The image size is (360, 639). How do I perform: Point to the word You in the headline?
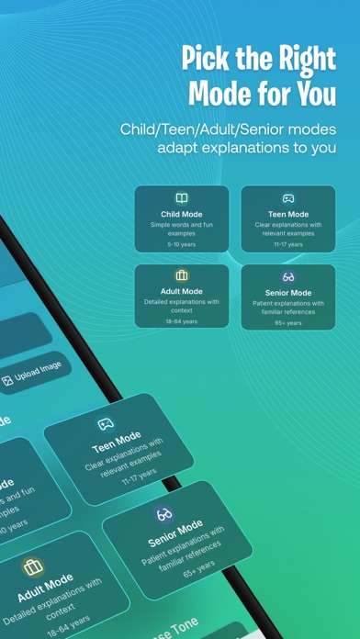click(313, 93)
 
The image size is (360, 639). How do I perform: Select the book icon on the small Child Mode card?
click(182, 197)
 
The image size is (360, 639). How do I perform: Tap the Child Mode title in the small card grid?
click(182, 214)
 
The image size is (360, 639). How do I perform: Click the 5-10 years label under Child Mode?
click(182, 245)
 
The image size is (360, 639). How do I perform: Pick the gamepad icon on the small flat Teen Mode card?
click(288, 197)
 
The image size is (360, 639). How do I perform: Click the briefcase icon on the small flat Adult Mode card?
click(182, 275)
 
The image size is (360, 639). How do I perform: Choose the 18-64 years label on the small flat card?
click(182, 321)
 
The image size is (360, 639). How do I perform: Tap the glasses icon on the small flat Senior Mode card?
click(288, 276)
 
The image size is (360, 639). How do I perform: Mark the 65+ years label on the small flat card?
click(288, 322)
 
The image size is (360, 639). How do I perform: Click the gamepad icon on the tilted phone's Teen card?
click(105, 424)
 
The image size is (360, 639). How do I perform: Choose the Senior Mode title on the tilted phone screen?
click(175, 533)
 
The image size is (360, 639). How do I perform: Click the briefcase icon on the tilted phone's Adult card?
click(33, 566)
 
